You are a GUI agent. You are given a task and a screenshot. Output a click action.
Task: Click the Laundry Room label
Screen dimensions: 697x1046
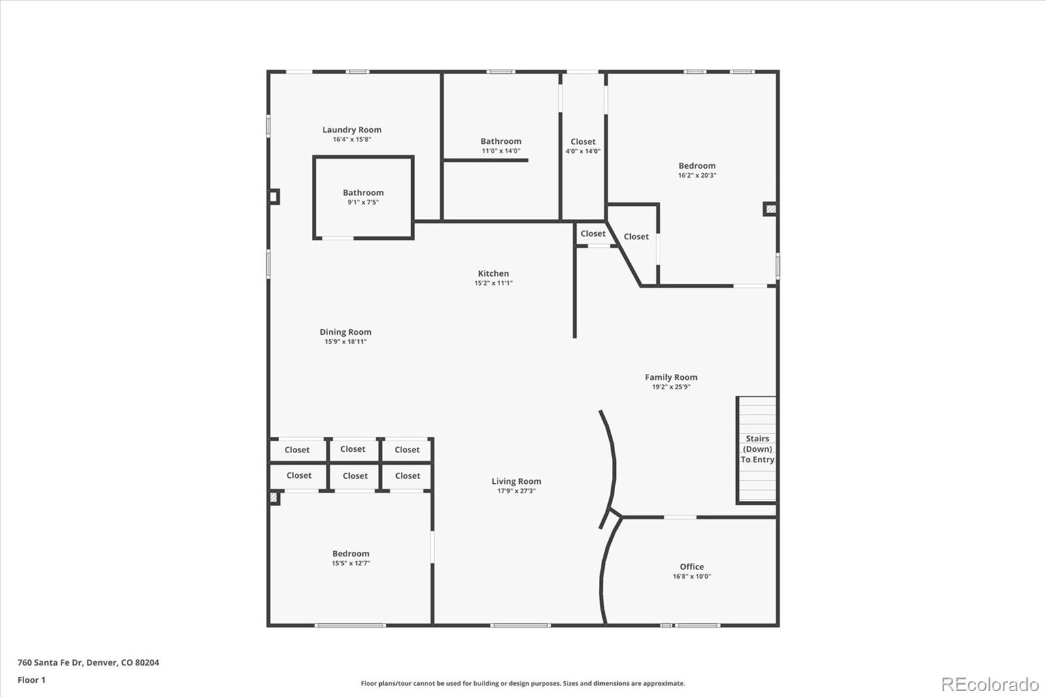point(352,130)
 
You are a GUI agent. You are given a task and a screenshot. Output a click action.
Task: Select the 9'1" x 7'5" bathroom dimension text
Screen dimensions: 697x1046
point(363,203)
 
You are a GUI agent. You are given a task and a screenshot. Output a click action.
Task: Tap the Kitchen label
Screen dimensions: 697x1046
point(493,273)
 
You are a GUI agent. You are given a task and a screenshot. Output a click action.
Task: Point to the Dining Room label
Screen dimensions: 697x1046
point(345,332)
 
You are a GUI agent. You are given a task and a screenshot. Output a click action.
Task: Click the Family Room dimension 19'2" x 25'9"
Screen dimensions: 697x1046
point(671,387)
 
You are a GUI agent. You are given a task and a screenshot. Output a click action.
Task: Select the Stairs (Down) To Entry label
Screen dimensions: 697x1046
point(757,449)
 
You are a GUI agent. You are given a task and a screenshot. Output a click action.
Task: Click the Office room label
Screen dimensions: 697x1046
point(692,567)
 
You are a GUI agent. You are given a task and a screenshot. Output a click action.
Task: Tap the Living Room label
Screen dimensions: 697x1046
point(516,481)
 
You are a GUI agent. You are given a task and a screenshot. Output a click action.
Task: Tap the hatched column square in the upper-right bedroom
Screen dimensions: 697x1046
point(771,209)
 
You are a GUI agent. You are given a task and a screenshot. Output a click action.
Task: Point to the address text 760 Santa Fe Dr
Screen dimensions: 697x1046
point(88,662)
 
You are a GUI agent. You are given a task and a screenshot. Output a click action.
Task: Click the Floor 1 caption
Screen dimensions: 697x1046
point(31,680)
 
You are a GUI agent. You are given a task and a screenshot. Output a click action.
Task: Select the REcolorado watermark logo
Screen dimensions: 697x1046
point(990,685)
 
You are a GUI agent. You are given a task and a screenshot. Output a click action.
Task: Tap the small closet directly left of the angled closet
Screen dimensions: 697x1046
point(593,233)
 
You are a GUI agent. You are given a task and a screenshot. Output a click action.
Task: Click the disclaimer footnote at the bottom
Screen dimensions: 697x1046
point(523,683)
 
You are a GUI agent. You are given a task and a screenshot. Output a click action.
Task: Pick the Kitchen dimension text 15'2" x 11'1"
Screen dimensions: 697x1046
point(493,283)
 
